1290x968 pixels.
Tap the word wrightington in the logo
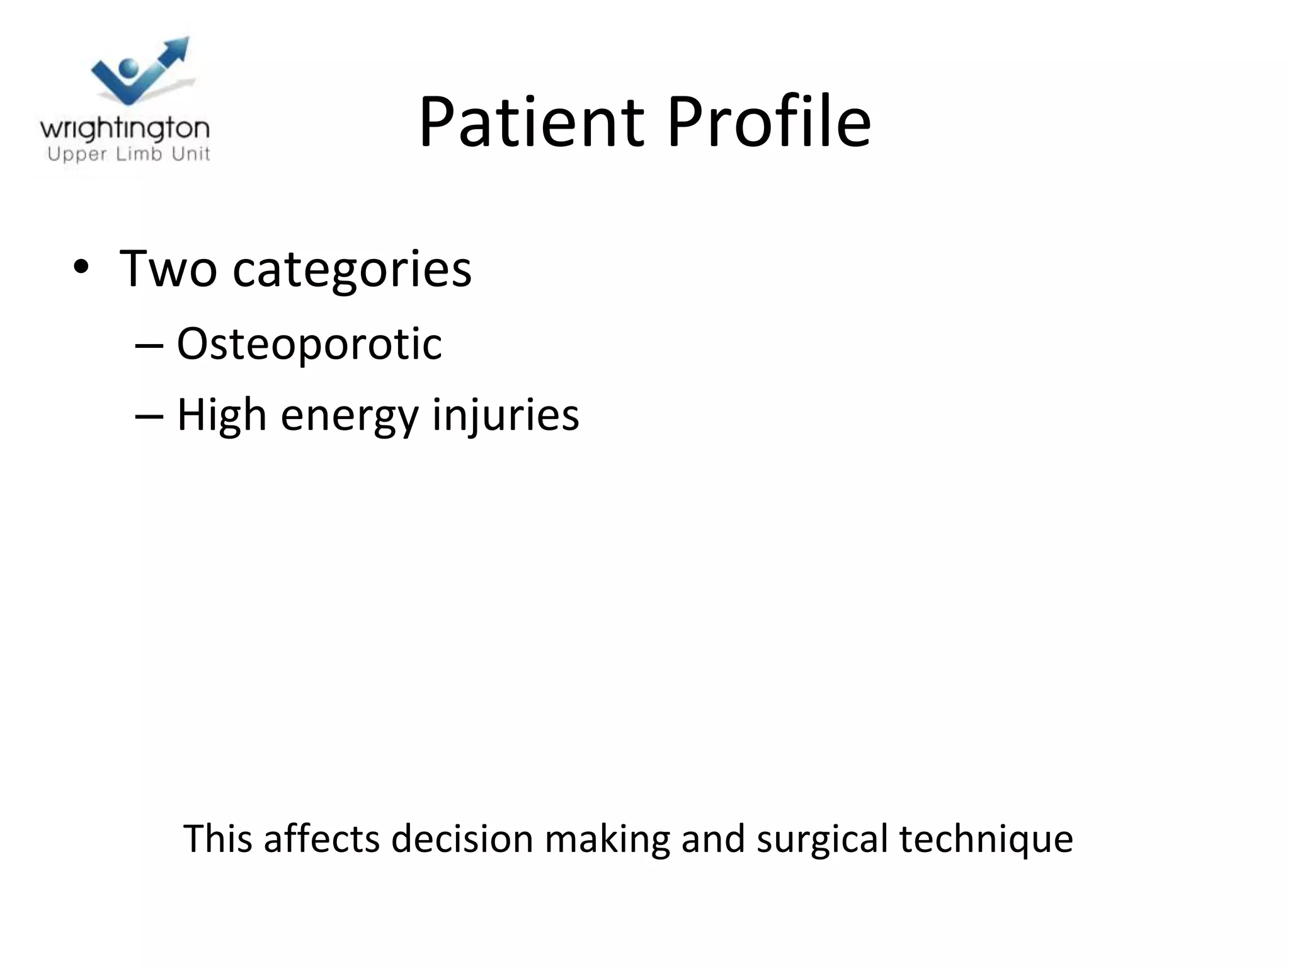(x=125, y=129)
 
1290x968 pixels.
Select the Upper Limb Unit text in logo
(x=128, y=154)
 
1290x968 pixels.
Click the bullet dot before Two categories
(x=81, y=267)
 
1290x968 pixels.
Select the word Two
(x=168, y=268)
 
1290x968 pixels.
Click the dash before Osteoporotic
(x=149, y=345)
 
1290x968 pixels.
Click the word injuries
(x=505, y=416)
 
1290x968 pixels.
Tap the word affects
(x=321, y=839)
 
